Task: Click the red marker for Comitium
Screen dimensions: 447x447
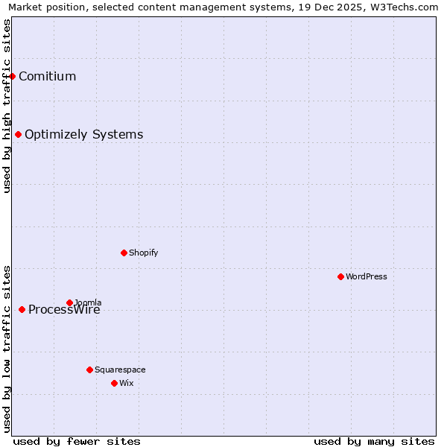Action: point(13,76)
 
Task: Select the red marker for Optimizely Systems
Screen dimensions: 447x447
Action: point(19,134)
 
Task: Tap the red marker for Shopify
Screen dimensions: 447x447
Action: point(124,253)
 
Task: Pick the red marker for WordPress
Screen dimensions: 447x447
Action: point(340,276)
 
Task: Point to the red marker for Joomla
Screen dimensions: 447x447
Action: point(69,302)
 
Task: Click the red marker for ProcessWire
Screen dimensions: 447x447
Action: point(22,309)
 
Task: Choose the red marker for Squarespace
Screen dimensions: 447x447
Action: point(89,370)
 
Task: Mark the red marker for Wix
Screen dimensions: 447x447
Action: point(114,383)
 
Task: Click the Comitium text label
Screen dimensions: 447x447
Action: point(47,76)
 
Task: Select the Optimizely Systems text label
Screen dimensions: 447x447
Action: point(83,135)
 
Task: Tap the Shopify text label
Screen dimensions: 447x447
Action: point(143,253)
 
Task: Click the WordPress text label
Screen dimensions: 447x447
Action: point(366,276)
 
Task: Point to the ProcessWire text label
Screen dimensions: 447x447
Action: point(64,311)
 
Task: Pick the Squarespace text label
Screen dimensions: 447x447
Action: point(120,370)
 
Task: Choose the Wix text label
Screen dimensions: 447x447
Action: point(126,383)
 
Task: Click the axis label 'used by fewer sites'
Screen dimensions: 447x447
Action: point(77,441)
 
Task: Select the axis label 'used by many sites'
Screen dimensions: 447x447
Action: point(374,441)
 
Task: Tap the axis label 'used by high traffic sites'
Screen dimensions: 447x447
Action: point(7,106)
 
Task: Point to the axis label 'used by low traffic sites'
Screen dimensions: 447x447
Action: point(7,349)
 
